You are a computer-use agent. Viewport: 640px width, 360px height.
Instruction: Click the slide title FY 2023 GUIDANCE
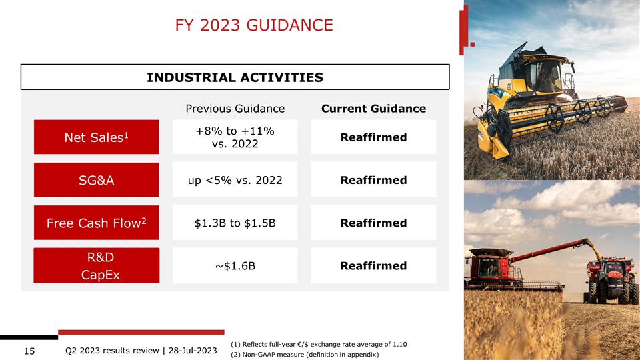pos(253,25)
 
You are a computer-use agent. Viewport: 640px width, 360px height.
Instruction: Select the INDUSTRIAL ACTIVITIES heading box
pos(235,77)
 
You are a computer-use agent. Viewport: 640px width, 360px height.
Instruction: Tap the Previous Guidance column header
pos(235,109)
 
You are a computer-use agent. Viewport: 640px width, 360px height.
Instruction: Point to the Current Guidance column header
pos(373,109)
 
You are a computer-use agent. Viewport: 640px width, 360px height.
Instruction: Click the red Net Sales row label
pos(96,137)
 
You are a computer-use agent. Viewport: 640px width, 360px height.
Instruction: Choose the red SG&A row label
pos(96,180)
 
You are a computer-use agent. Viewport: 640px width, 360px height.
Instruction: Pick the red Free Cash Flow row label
pos(96,223)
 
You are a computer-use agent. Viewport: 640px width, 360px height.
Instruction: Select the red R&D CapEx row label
pos(96,265)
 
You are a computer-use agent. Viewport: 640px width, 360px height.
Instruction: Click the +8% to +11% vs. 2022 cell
pos(235,137)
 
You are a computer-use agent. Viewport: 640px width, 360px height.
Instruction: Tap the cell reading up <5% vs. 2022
pos(235,180)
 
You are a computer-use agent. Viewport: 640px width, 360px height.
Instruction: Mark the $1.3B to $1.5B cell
pos(235,223)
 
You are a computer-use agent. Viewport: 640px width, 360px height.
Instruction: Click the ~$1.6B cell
pos(235,265)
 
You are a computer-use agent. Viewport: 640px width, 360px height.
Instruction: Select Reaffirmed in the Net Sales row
pos(373,137)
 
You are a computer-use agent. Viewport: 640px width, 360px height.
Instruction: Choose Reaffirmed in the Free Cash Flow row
pos(373,223)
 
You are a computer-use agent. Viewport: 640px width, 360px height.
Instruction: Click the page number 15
pos(29,351)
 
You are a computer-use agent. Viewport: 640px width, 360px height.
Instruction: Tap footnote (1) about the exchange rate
pos(318,344)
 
